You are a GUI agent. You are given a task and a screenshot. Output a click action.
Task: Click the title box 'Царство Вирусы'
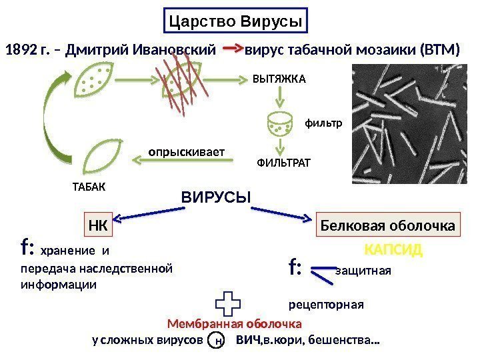236,21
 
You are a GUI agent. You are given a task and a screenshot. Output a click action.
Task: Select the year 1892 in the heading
22,49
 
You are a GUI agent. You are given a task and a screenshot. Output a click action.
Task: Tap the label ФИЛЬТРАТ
283,162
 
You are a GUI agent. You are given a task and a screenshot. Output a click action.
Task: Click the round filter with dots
279,123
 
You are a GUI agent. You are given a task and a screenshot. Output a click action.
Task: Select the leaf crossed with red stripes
181,83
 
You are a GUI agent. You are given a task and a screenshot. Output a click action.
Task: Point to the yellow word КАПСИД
394,251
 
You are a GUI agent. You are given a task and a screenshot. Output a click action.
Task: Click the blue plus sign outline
228,305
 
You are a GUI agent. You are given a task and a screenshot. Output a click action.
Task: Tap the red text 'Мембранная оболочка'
234,323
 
